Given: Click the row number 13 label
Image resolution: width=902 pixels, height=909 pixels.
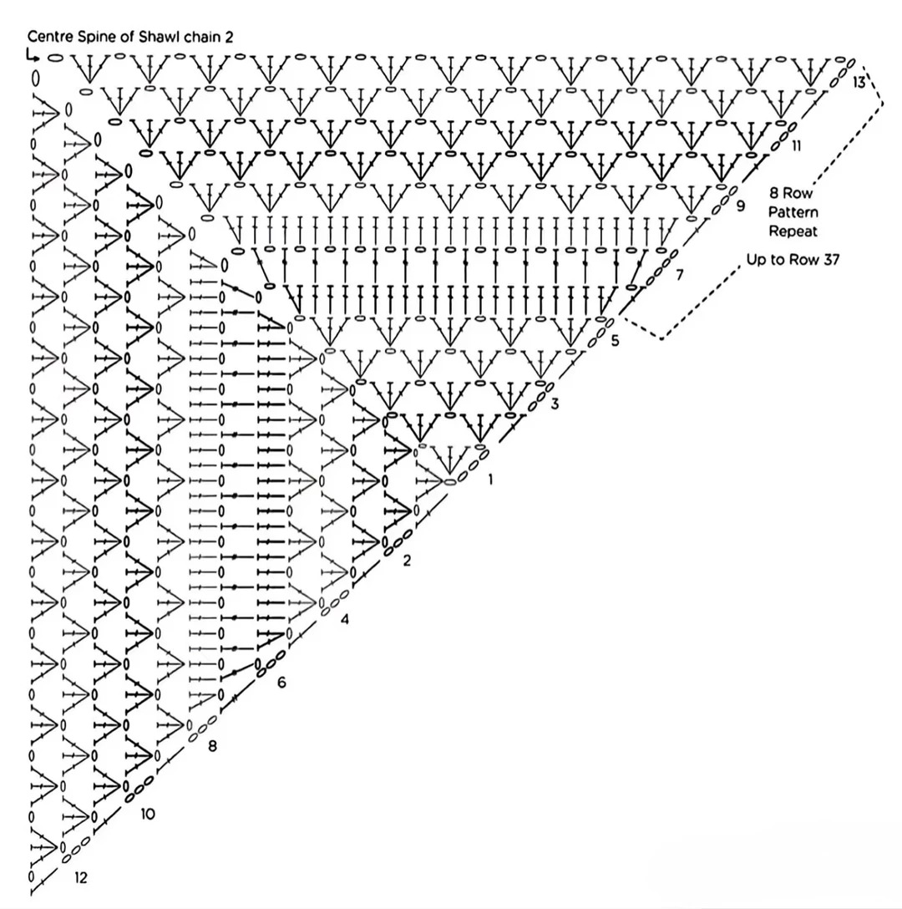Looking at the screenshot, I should point(859,82).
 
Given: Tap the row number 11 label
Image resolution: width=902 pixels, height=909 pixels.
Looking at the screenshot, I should point(796,146).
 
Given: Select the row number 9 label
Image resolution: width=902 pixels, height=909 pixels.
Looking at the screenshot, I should point(740,206).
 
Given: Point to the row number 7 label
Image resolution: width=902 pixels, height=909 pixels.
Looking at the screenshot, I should point(679,274).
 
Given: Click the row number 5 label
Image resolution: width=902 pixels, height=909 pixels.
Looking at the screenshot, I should point(615,341).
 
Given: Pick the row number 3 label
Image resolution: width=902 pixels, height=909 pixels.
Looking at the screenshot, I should point(555,404).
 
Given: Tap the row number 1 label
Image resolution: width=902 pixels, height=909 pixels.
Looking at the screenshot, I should point(490,480).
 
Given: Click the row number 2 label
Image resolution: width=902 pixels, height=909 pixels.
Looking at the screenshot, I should point(407,561).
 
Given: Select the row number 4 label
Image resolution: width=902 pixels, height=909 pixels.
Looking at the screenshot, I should point(344,619).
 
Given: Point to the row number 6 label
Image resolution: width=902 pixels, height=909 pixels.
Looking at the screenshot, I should point(281,683).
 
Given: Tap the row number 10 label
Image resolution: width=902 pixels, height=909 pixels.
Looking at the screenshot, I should point(148,813).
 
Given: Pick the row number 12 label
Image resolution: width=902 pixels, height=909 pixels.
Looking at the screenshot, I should point(80,878).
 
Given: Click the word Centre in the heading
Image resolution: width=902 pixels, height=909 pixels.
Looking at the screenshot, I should point(49,37).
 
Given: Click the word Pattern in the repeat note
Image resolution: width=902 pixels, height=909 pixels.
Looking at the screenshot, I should point(793,212).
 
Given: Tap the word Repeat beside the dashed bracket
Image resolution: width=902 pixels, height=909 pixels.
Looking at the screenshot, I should point(793,231).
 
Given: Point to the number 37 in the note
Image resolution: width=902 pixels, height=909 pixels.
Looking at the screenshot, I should point(828,260).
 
